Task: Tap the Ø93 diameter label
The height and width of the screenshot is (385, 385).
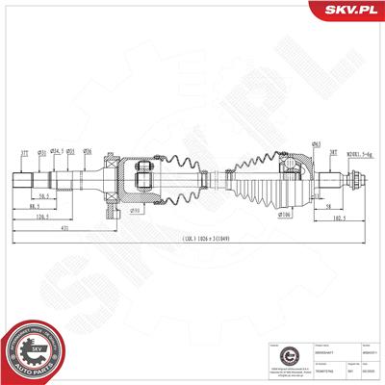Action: point(138,209)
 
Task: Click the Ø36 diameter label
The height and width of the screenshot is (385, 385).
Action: point(88,150)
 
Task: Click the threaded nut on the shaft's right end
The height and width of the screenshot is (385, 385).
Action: point(354,180)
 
